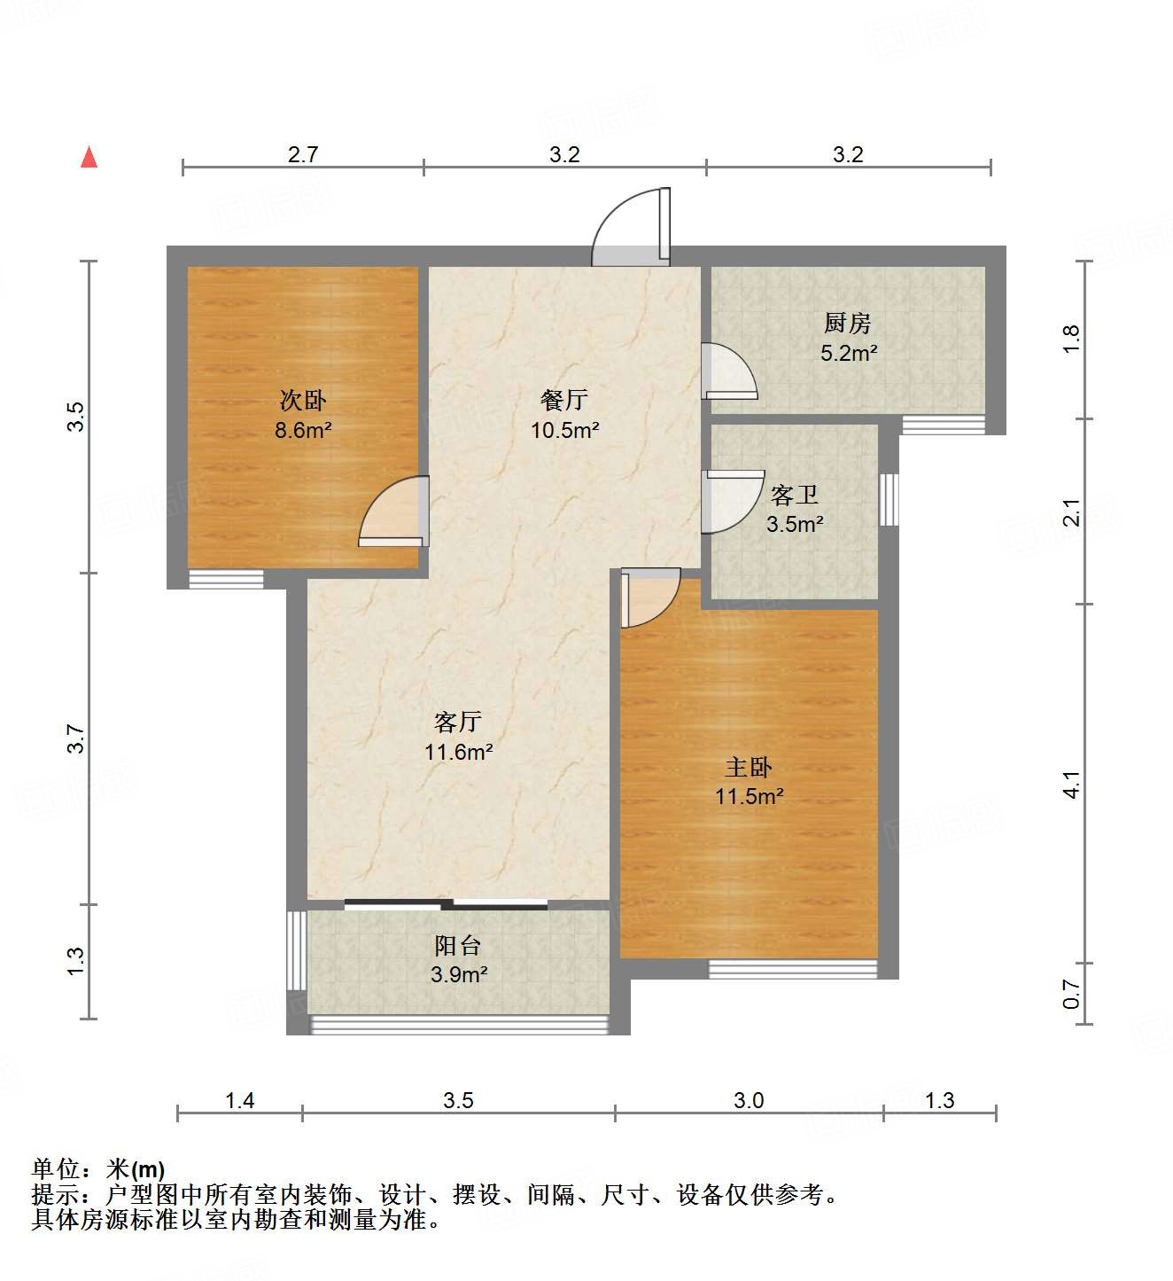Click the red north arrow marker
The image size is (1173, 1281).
[89, 158]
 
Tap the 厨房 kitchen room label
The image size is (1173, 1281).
[848, 324]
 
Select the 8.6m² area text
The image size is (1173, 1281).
[303, 431]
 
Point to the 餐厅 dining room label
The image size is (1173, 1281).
[564, 400]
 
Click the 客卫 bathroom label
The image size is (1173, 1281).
[794, 495]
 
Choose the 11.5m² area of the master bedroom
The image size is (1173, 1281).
[750, 796]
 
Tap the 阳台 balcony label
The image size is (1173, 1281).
[458, 945]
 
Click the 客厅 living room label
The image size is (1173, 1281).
[458, 722]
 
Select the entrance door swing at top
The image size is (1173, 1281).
[631, 229]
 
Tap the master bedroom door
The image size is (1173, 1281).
[649, 598]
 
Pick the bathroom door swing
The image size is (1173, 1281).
[732, 502]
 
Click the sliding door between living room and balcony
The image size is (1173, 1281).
[446, 904]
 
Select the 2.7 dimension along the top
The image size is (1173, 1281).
[303, 155]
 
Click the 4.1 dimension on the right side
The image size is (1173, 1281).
[1072, 785]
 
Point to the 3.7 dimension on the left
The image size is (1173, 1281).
[77, 738]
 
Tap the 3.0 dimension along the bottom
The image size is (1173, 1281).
[749, 1101]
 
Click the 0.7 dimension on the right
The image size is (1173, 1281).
[1072, 994]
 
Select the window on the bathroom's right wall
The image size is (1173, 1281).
[889, 499]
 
